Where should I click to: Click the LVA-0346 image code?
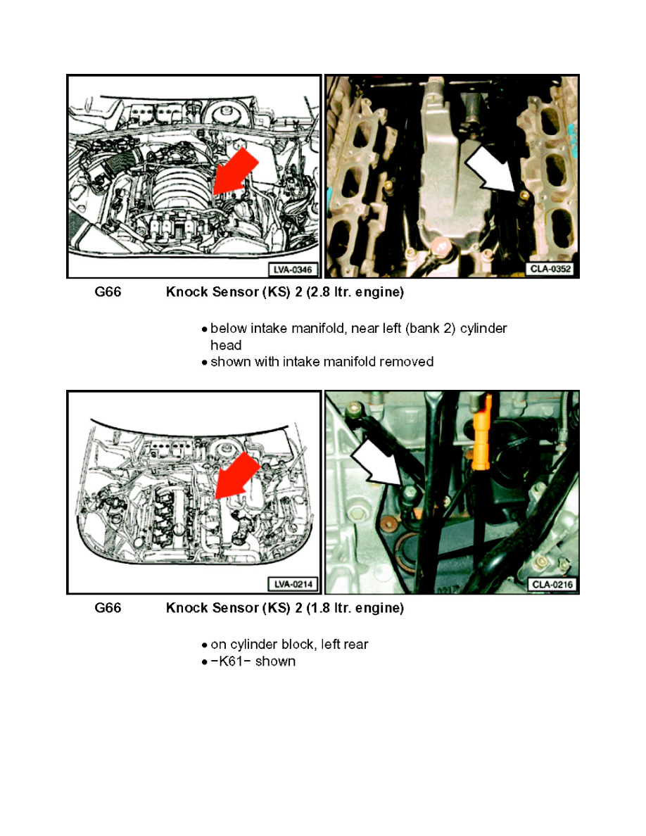293,269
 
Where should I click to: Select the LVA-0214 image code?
293,584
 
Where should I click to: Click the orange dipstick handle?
483,422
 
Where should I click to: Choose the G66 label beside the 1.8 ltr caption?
108,608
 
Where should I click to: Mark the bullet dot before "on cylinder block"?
204,645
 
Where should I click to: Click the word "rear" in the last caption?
354,645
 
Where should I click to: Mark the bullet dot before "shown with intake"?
204,363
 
